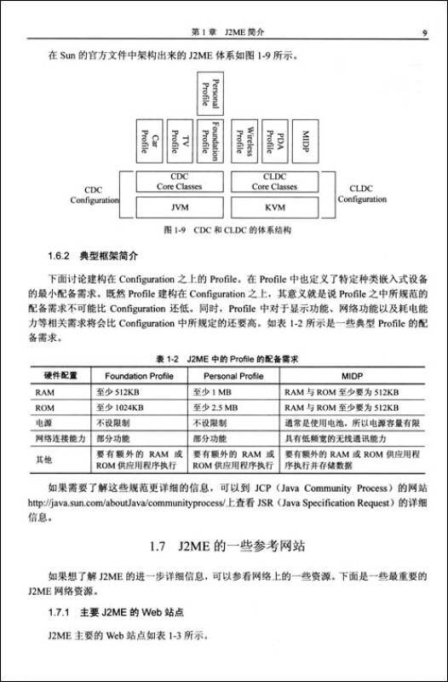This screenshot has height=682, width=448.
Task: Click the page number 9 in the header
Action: pos(423,32)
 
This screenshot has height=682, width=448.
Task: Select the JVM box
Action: pos(179,207)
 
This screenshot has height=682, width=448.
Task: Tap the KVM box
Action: pos(273,207)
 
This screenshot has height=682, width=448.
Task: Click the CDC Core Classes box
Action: pos(179,182)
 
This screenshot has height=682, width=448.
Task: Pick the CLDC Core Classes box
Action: pos(273,182)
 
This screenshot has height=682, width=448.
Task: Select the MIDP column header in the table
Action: pos(353,375)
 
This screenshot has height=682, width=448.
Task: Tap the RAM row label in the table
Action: pos(44,391)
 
